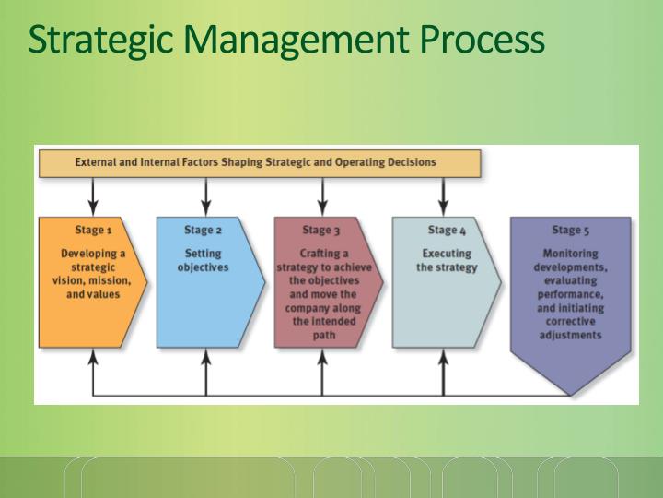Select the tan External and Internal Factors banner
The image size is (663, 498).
(259, 162)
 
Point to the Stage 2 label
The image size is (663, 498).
(203, 230)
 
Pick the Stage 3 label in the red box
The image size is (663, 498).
(321, 230)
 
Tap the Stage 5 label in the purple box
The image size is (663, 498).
(570, 230)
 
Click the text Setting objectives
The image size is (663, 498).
(203, 260)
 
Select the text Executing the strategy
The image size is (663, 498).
(447, 260)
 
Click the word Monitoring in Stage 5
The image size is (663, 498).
(570, 253)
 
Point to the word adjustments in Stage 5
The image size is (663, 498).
(570, 336)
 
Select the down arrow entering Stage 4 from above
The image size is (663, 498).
(443, 197)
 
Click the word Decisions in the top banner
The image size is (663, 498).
(411, 162)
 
